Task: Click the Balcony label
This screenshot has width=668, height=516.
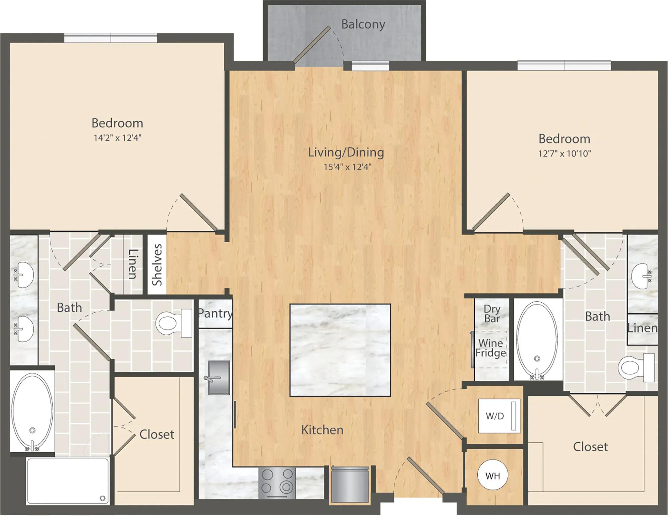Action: point(363,24)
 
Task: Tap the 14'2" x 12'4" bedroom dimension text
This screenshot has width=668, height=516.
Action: point(118,138)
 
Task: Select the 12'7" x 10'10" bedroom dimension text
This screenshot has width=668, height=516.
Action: point(564,153)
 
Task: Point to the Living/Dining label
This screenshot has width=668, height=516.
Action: point(346,152)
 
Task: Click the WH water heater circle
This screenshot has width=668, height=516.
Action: point(493,475)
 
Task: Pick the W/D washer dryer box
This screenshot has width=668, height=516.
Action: point(499,416)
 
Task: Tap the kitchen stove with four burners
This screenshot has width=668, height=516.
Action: point(277,483)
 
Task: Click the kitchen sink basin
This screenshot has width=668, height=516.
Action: point(219,377)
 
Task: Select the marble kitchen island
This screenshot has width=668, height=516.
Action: point(340,350)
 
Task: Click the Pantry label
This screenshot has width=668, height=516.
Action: point(215,313)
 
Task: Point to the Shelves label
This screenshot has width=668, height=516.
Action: point(157,265)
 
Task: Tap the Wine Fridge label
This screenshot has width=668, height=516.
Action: point(491,348)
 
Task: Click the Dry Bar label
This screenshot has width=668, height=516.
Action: point(492,314)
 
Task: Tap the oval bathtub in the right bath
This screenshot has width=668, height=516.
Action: point(537,340)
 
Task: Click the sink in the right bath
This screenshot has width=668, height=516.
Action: point(641,276)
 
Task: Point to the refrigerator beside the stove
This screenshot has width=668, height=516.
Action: point(350,484)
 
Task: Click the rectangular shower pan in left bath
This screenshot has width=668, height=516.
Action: point(68,481)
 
